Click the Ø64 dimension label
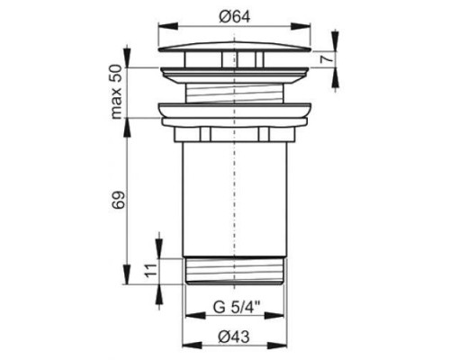[x=234, y=17]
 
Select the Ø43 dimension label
[x=234, y=337]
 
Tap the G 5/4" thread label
[x=237, y=308]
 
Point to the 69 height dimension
[x=118, y=200]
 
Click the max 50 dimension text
[x=117, y=93]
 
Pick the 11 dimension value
[x=152, y=271]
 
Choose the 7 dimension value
[x=327, y=58]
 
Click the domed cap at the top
[x=234, y=48]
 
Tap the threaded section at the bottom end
[x=235, y=271]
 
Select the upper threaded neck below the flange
[x=235, y=94]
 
